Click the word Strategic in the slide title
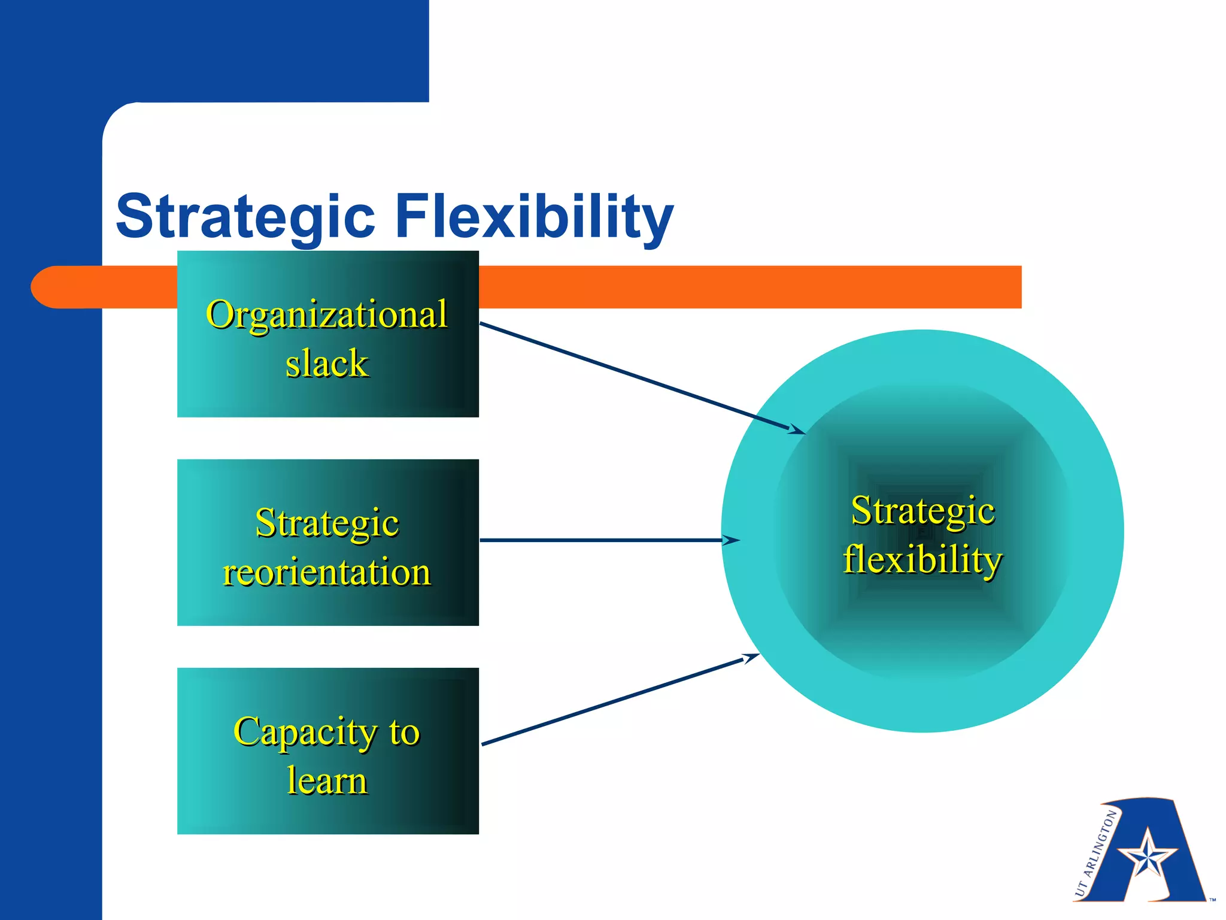(245, 217)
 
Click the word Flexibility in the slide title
(535, 217)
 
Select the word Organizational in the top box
(327, 314)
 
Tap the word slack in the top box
(327, 364)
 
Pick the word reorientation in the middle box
(327, 572)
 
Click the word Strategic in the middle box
(327, 523)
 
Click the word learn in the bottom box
(327, 780)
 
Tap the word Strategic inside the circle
(922, 511)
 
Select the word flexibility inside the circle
(922, 559)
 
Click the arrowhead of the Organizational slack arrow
(797, 429)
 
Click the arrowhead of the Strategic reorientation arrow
(732, 540)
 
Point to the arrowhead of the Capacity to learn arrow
(751, 658)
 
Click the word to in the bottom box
(405, 732)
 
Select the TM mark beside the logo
(1212, 900)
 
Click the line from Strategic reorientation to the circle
(599, 540)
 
